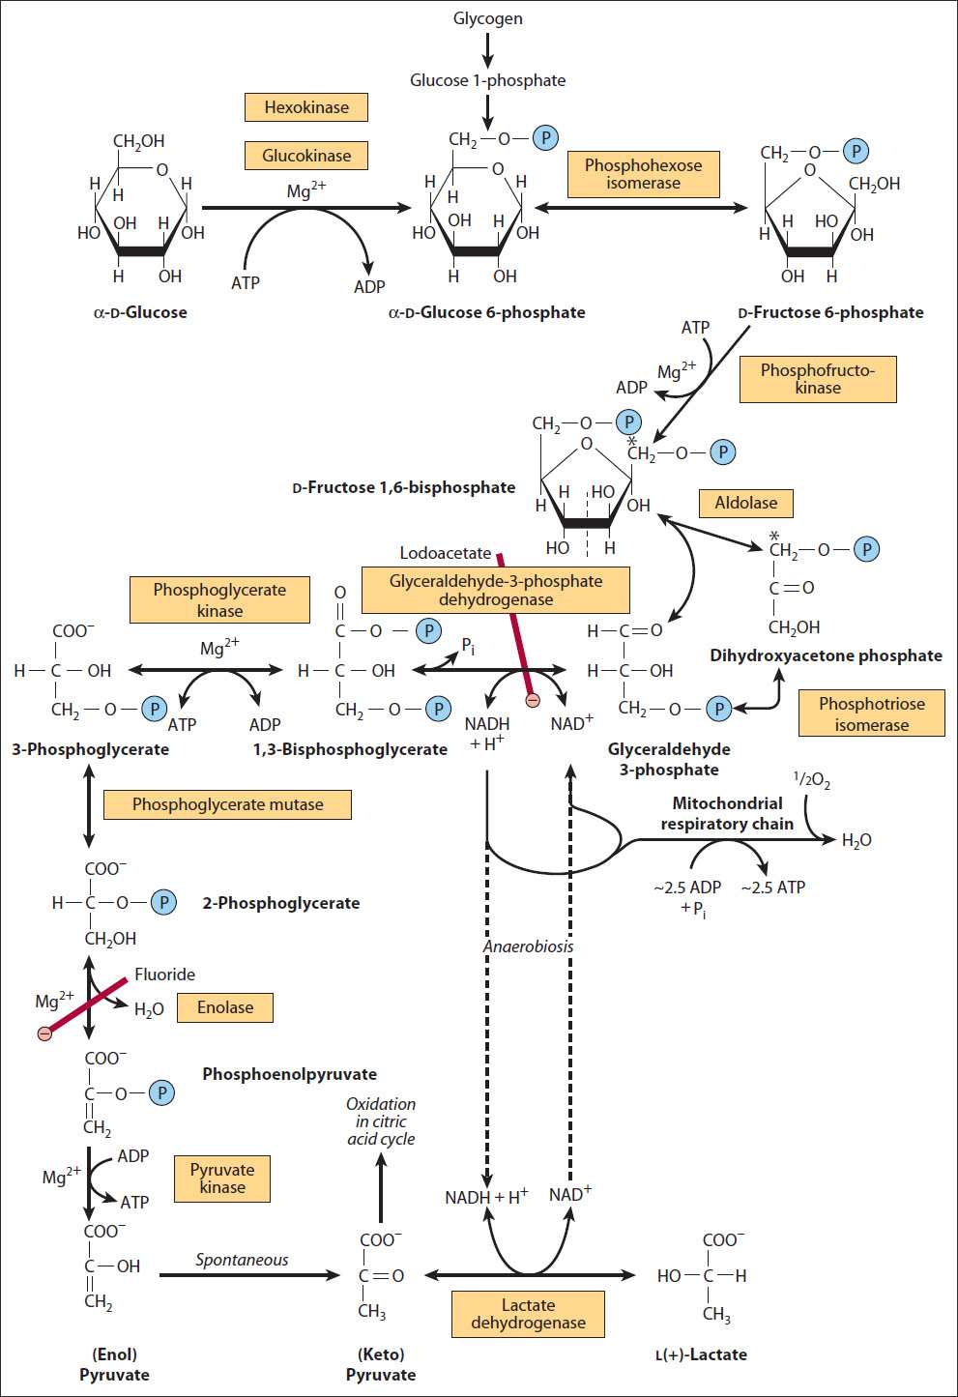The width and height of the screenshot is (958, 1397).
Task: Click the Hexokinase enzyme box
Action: [306, 107]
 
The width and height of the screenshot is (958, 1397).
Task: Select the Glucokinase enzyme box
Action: [306, 156]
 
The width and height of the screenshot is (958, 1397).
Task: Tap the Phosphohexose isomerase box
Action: [643, 174]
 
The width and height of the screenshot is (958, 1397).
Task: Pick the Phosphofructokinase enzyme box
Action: [817, 379]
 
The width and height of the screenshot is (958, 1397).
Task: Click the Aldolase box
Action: [745, 503]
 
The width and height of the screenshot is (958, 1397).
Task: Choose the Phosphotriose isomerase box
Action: [871, 714]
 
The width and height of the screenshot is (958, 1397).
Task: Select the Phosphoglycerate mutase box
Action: [227, 804]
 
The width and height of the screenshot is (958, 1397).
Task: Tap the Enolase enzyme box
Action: [225, 1007]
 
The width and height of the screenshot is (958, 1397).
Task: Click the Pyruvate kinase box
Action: [222, 1179]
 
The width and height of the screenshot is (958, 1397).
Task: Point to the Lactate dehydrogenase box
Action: [528, 1314]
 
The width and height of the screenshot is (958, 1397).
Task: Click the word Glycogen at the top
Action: [487, 18]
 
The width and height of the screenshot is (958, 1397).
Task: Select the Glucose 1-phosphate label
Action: [487, 80]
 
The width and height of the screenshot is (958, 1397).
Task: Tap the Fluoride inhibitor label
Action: [164, 975]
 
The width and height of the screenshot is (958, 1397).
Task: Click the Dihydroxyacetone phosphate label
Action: [826, 655]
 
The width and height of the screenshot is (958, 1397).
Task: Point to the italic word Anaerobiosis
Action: [528, 946]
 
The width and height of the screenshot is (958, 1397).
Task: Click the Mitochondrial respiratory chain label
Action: [727, 813]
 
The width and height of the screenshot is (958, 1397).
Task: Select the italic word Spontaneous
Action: [242, 1260]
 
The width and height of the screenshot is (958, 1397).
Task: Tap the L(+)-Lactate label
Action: [701, 1354]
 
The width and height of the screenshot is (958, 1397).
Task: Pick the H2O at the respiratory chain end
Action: [856, 841]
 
